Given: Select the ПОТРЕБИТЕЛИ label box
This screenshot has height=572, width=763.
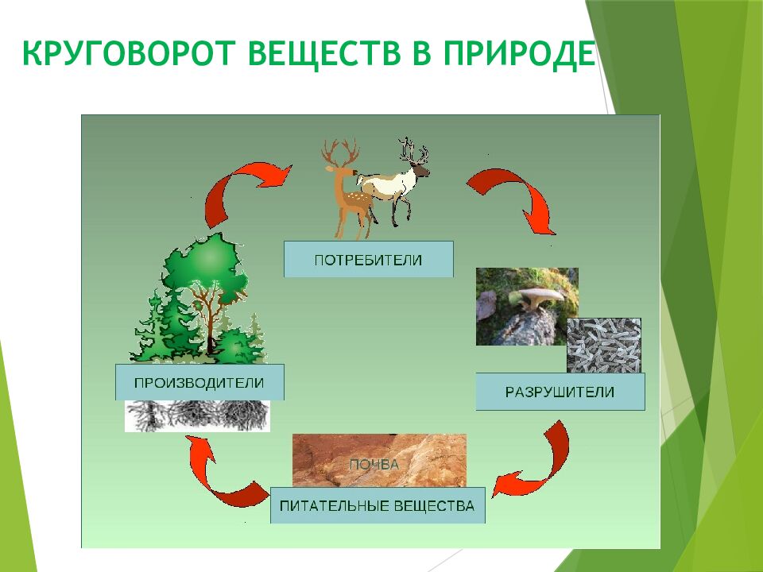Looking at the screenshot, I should tap(368, 260).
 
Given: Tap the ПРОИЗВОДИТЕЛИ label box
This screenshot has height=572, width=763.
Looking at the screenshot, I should tap(199, 382).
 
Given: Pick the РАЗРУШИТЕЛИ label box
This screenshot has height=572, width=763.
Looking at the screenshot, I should tap(560, 392).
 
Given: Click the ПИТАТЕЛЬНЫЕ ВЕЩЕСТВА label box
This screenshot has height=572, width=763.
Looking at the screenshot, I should tap(377, 504).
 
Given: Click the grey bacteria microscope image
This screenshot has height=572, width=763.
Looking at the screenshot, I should tap(603, 346).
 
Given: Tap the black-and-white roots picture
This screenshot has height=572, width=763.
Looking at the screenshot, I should tap(197, 415).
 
